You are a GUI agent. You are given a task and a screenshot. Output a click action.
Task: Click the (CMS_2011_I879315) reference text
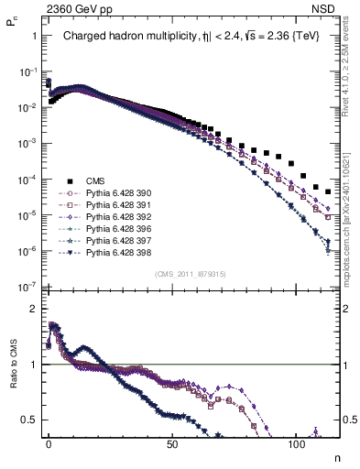pyautogui.click(x=190, y=274)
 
